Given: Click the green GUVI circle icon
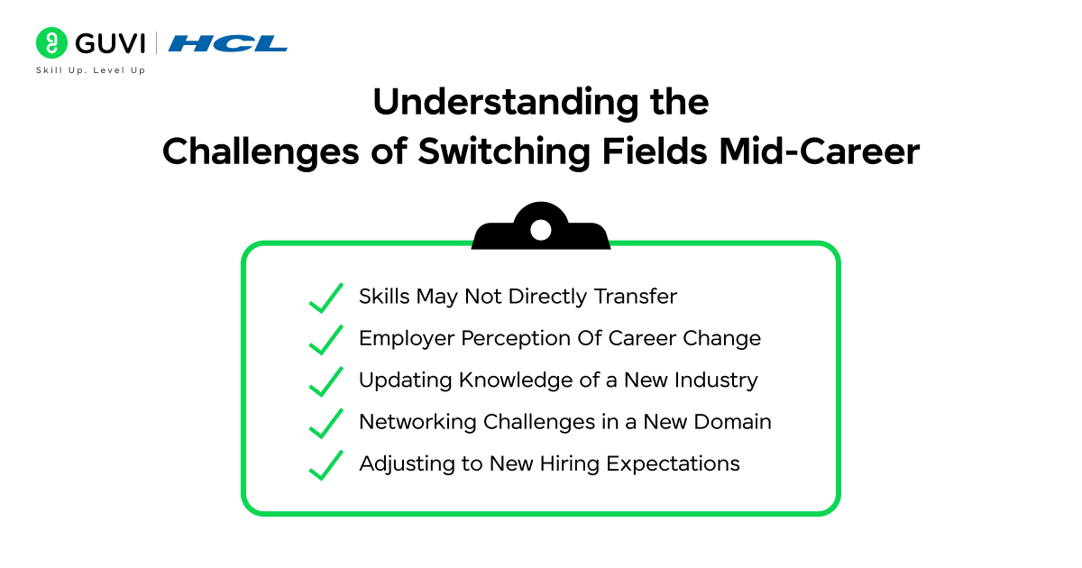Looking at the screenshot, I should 52,43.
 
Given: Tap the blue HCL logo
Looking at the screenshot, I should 227,43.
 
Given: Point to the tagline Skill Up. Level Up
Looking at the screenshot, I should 90,70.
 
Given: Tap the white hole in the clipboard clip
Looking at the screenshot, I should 540,230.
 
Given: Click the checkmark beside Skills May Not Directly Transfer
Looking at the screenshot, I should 326,298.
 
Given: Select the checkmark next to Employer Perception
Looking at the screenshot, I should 326,340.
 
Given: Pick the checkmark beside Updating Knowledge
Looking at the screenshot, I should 326,381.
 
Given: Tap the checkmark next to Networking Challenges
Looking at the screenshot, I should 326,423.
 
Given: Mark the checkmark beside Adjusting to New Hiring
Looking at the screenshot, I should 326,465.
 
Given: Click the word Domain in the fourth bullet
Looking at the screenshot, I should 735,422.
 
